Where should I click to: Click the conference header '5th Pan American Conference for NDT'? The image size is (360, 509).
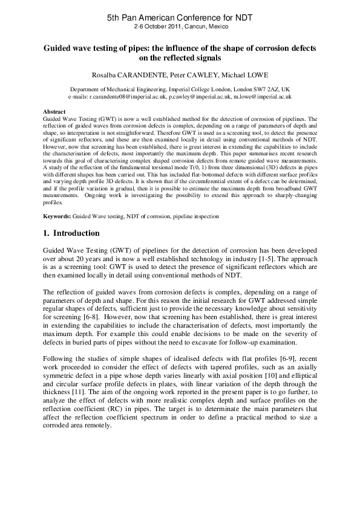click(x=180, y=19)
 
